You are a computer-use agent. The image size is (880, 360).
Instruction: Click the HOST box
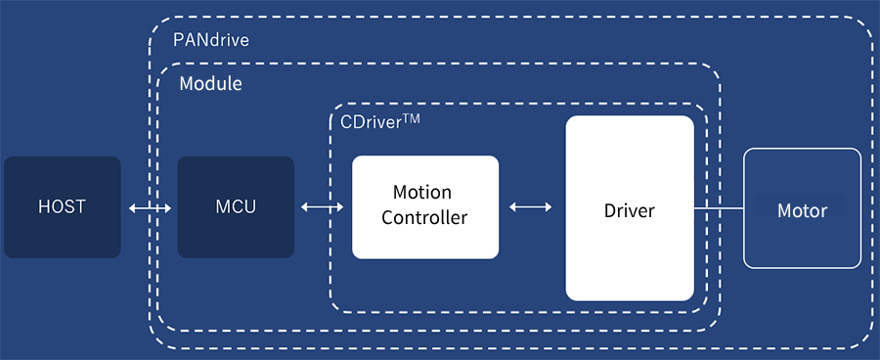[63, 207]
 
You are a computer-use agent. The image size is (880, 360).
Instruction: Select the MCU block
[236, 207]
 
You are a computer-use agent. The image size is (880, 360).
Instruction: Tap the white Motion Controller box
[425, 206]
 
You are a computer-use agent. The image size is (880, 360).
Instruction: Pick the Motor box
[802, 208]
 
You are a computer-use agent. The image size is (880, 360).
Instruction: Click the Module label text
[210, 84]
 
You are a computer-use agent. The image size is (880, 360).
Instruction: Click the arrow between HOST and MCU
[150, 207]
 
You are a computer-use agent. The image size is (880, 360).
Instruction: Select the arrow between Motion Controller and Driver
[531, 207]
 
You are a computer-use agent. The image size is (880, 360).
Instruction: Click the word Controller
[424, 217]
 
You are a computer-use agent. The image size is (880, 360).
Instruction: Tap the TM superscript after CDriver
[411, 118]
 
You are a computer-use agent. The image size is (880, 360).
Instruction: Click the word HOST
[63, 207]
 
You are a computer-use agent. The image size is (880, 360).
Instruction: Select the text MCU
[236, 207]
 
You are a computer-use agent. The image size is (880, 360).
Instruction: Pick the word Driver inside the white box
[630, 210]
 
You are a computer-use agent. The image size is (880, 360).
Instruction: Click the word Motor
[802, 210]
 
